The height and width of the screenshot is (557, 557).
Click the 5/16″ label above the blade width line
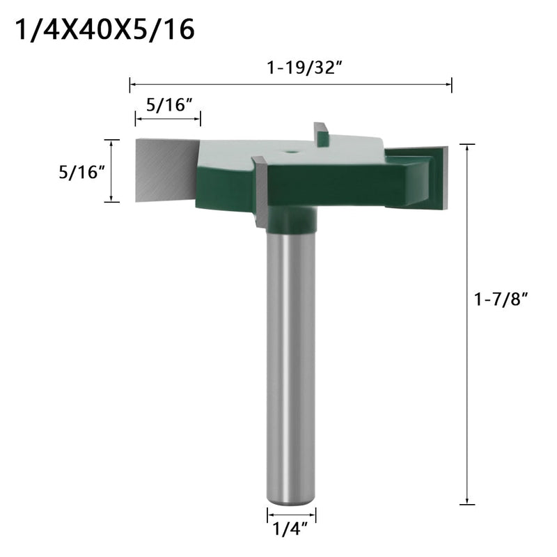tap(167, 107)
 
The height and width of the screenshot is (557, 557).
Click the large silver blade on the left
tap(164, 170)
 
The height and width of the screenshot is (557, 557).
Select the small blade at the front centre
tap(260, 192)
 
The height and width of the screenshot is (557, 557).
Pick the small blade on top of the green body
tap(321, 133)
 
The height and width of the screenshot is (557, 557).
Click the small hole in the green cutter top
tap(288, 149)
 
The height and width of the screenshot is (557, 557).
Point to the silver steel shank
tap(291, 362)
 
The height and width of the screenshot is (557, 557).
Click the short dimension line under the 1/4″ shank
tap(291, 516)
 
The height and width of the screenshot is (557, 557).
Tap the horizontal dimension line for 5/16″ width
tap(168, 119)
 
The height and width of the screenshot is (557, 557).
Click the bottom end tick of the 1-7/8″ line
tap(467, 503)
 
